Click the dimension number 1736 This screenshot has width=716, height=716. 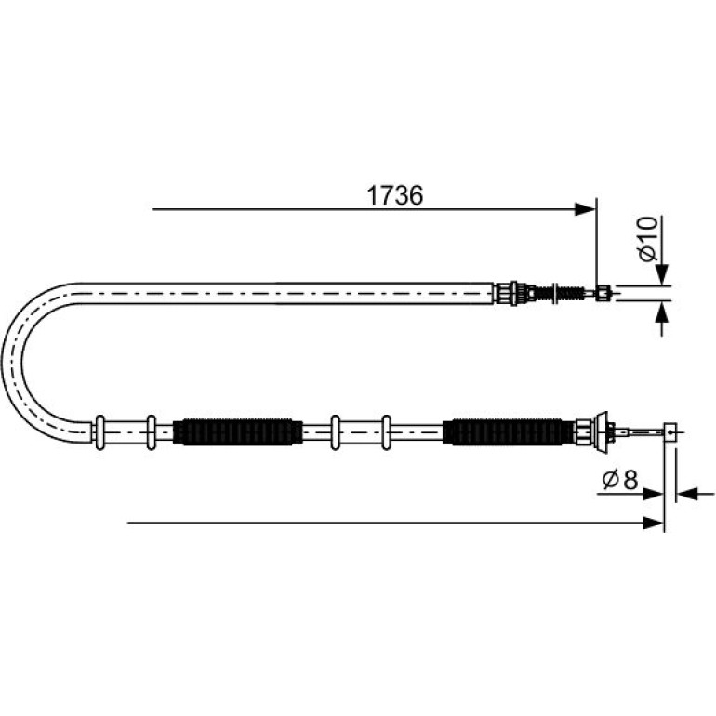coord(395,195)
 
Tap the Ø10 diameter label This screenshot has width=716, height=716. coord(648,239)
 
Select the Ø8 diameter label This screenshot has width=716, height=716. coord(620,480)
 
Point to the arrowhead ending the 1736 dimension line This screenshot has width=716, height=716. coord(586,209)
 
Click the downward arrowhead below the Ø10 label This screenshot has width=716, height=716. coord(662,275)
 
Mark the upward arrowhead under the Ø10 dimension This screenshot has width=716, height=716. coord(662,312)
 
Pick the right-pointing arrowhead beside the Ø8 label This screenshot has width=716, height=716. coord(653,494)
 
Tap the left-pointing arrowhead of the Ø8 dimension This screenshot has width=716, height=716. coord(686,494)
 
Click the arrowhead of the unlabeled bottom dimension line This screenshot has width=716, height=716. coord(653,523)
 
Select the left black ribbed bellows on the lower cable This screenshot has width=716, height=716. coord(238,431)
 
